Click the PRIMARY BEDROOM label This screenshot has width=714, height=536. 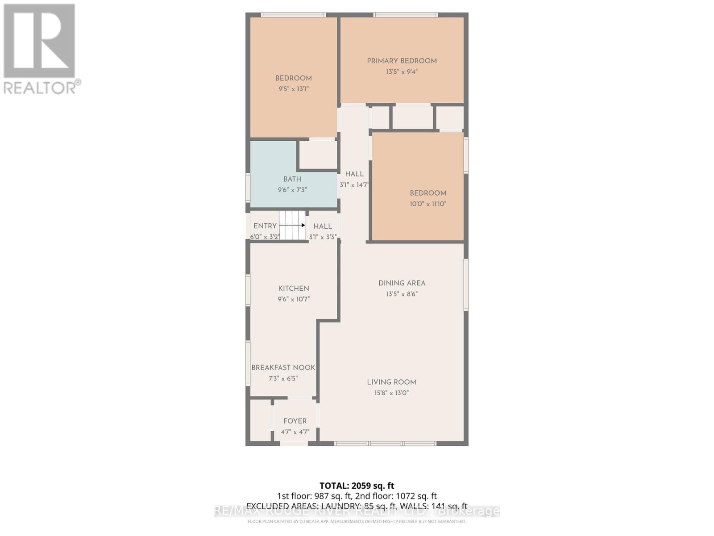pyautogui.click(x=402, y=61)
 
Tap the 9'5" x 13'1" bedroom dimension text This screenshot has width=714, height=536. pyautogui.click(x=293, y=89)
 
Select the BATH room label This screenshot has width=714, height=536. pyautogui.click(x=292, y=179)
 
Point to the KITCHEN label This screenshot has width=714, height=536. pyautogui.click(x=294, y=289)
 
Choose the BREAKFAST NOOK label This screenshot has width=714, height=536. pyautogui.click(x=283, y=368)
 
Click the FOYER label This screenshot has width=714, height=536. pyautogui.click(x=295, y=421)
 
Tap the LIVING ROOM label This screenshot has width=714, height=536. pyautogui.click(x=391, y=382)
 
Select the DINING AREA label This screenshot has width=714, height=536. pyautogui.click(x=402, y=283)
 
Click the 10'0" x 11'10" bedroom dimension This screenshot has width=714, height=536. pyautogui.click(x=428, y=204)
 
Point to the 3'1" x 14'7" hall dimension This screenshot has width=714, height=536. pyautogui.click(x=354, y=185)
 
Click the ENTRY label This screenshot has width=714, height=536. pyautogui.click(x=265, y=226)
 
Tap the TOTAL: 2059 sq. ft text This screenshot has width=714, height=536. pyautogui.click(x=357, y=486)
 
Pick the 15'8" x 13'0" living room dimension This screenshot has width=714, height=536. pyautogui.click(x=391, y=393)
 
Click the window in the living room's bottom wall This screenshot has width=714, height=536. pyautogui.click(x=385, y=444)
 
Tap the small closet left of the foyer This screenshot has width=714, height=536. pyautogui.click(x=259, y=420)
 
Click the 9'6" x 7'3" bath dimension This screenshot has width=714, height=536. pyautogui.click(x=292, y=190)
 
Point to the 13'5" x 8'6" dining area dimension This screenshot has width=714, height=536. pyautogui.click(x=402, y=294)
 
